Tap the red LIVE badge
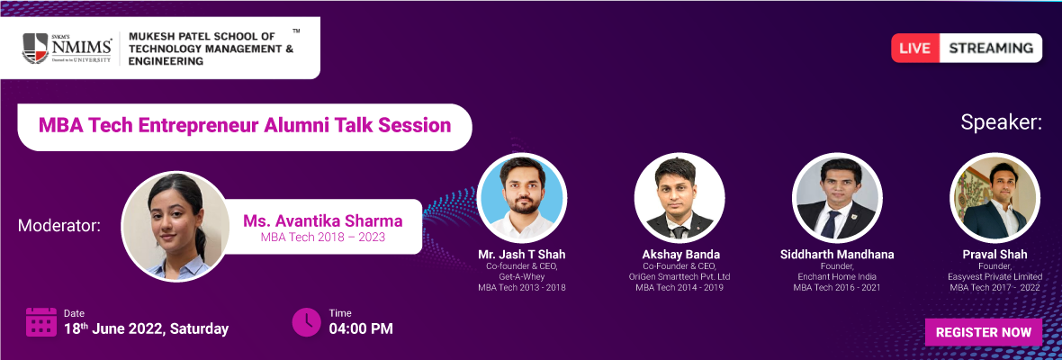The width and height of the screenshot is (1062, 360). click(x=915, y=48)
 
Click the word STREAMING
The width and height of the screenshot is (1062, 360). click(x=991, y=48)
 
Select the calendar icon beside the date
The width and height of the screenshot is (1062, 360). click(x=40, y=322)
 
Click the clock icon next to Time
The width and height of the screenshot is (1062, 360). click(x=306, y=322)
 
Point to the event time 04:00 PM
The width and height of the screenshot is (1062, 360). click(x=361, y=329)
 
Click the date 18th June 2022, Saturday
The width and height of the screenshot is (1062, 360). click(x=147, y=329)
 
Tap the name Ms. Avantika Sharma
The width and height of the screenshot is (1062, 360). click(x=323, y=221)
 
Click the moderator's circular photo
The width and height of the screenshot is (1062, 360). click(x=175, y=226)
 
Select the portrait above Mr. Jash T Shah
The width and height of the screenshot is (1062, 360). click(x=521, y=198)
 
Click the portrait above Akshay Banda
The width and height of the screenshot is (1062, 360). click(x=679, y=198)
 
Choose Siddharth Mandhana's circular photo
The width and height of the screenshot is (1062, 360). click(x=837, y=198)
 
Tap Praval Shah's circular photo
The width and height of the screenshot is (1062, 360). click(x=994, y=198)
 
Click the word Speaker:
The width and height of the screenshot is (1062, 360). click(x=1001, y=124)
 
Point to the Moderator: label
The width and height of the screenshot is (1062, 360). click(x=59, y=226)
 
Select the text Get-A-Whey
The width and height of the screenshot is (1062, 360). click(x=521, y=277)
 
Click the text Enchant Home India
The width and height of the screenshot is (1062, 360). click(x=837, y=277)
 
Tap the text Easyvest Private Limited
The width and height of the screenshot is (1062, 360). click(x=994, y=277)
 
